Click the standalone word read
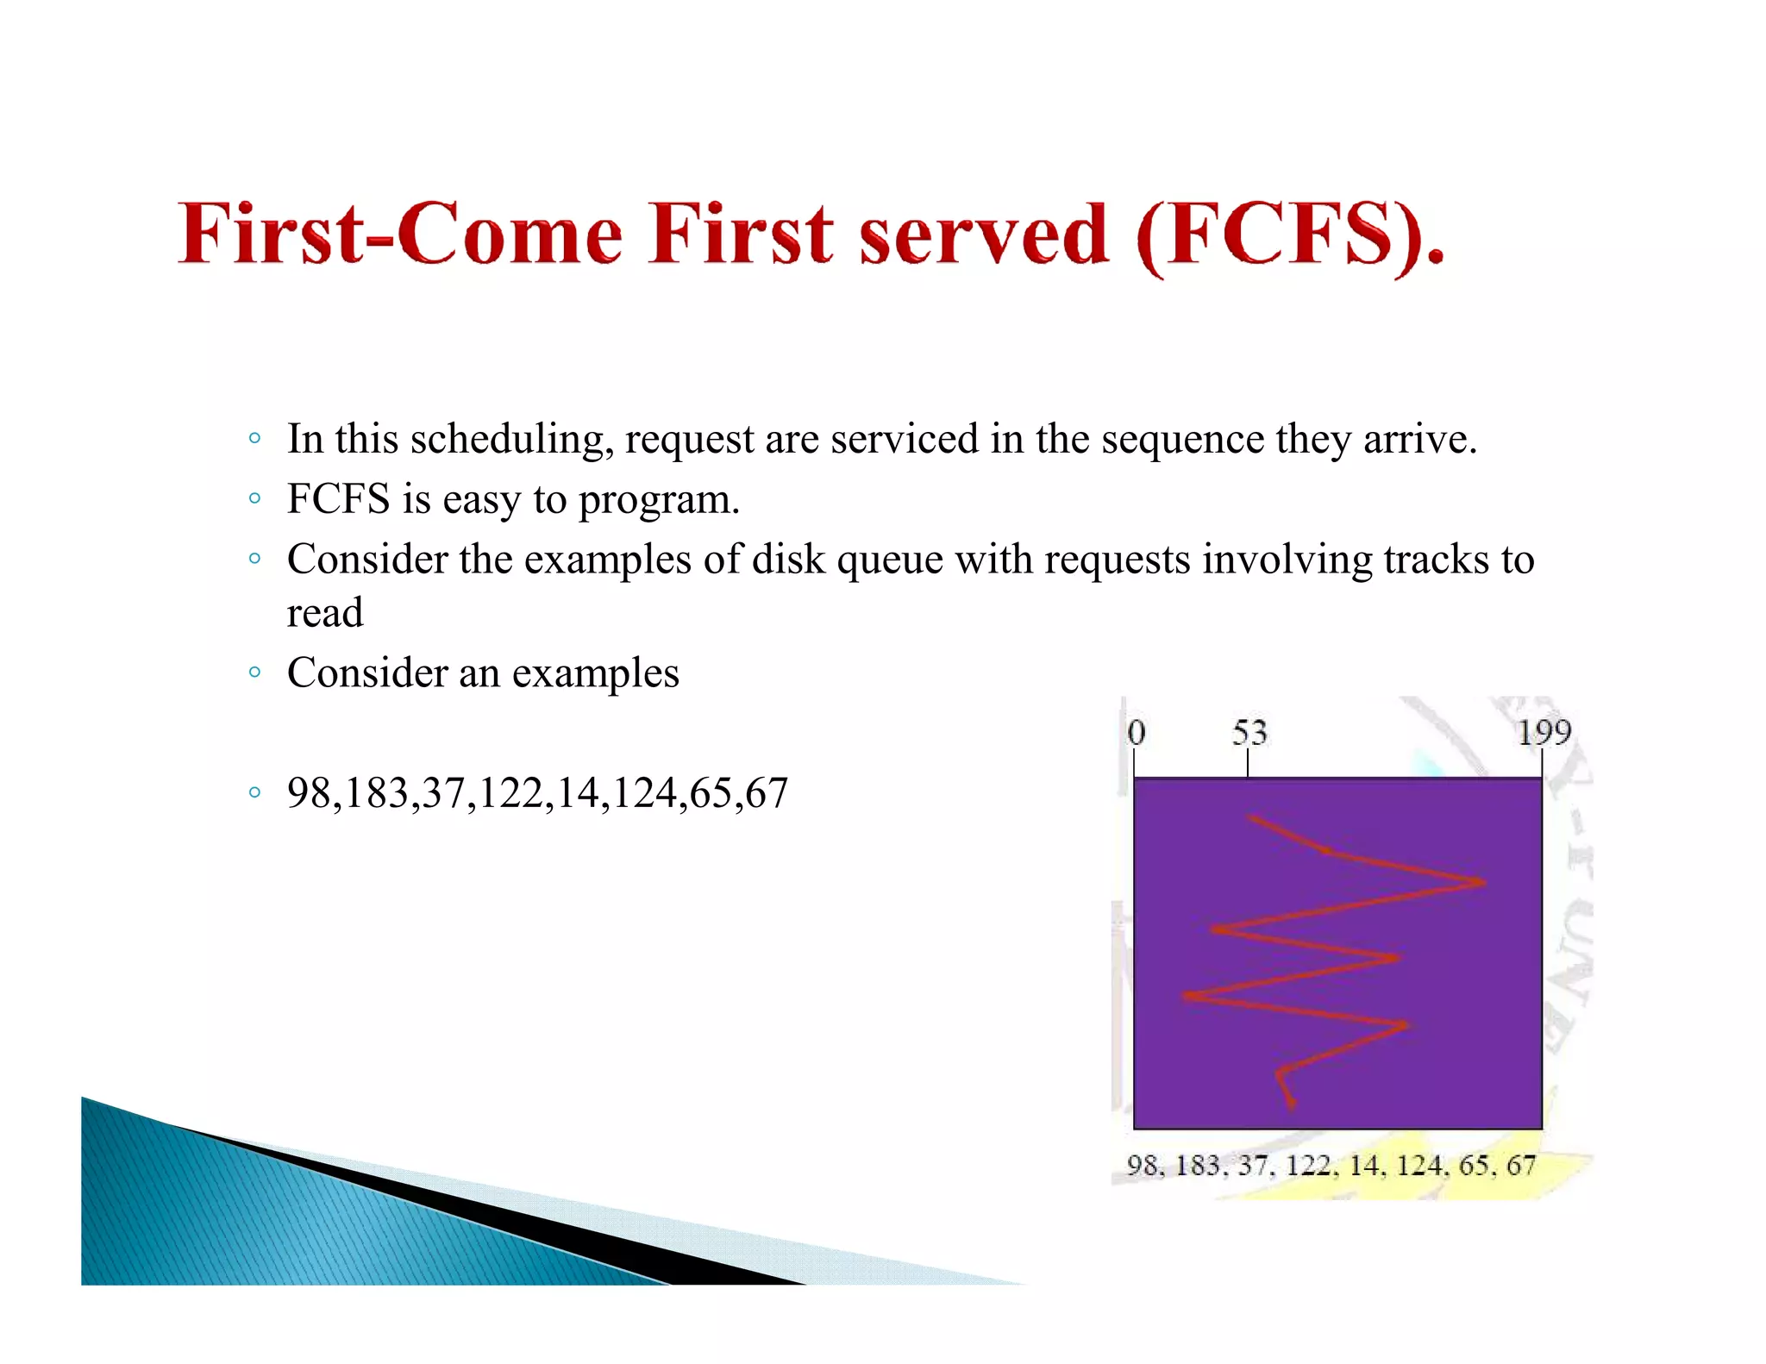[x=325, y=613]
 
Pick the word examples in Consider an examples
[x=595, y=673]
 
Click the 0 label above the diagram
[x=1136, y=733]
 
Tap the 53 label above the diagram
[x=1249, y=733]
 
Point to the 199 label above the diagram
[x=1544, y=733]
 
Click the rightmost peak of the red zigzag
[x=1483, y=882]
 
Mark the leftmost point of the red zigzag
[x=1186, y=996]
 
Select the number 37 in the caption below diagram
[x=1252, y=1166]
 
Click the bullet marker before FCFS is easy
[x=254, y=498]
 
